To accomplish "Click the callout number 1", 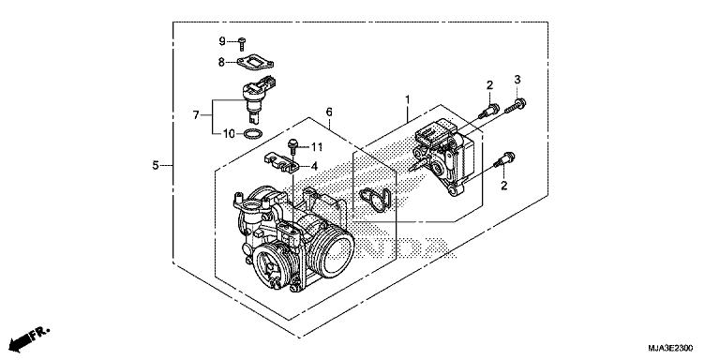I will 407,98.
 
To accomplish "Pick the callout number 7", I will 196,115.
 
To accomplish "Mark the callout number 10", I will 228,134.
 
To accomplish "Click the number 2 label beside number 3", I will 489,86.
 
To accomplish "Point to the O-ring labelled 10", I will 251,135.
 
